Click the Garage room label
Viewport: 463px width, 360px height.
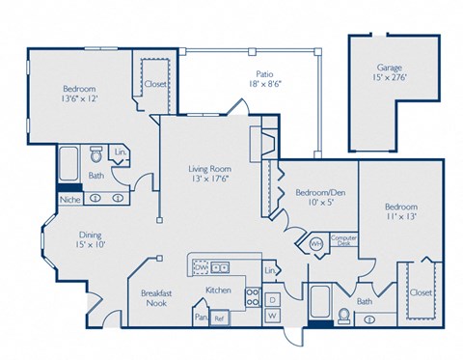coord(391,69)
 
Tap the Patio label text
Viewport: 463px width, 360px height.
coord(263,72)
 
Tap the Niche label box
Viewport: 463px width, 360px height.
coord(68,200)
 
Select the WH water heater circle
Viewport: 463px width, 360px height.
coord(315,243)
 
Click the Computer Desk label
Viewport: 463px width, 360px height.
coord(343,241)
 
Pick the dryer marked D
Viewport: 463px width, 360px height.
coord(272,299)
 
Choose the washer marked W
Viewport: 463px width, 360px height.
coord(272,315)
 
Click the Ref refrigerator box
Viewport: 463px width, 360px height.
coord(219,318)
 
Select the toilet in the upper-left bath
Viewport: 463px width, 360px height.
coord(96,155)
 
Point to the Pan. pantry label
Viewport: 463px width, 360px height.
coord(201,315)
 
